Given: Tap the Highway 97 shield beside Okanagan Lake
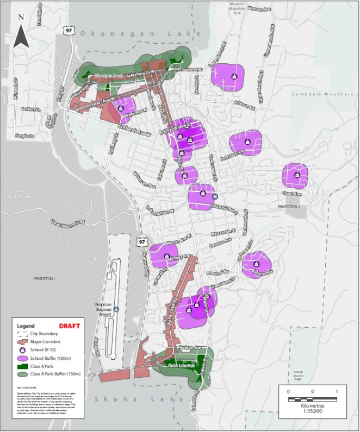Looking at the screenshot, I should pyautogui.click(x=69, y=31).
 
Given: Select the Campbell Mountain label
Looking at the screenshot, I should pyautogui.click(x=323, y=94).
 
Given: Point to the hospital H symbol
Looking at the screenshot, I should pyautogui.click(x=216, y=197).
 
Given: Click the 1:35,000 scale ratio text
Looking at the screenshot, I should pyautogui.click(x=312, y=413).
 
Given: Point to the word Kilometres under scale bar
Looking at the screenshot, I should pyautogui.click(x=312, y=406).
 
